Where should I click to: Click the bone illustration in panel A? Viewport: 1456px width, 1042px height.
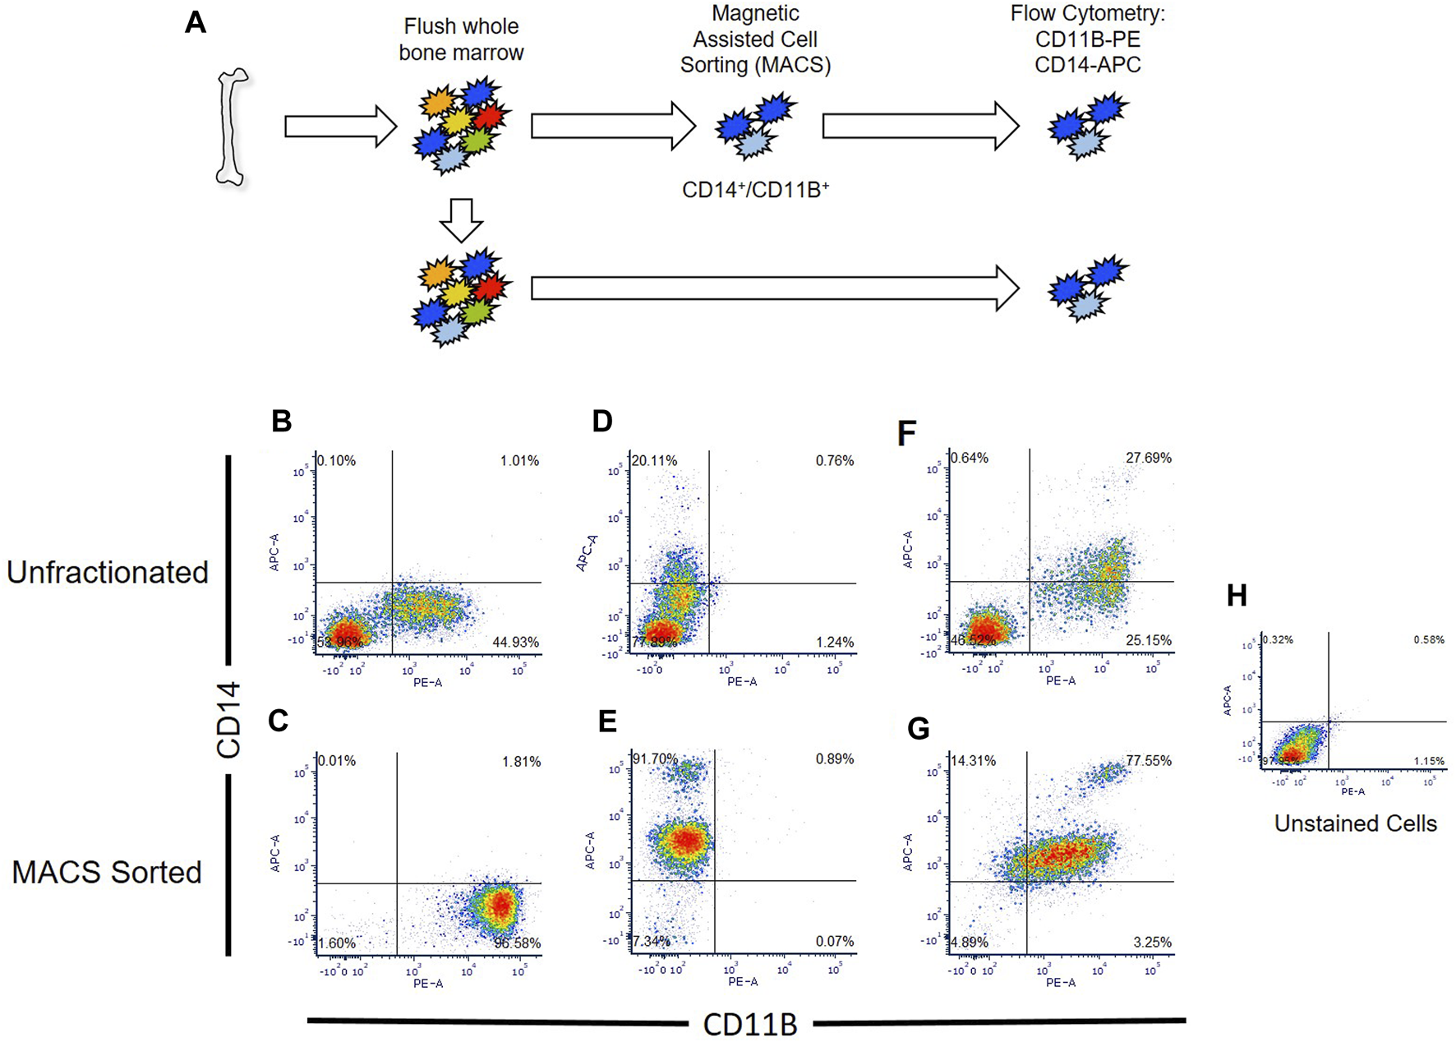click(233, 127)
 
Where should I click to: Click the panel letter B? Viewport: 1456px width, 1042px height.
click(282, 422)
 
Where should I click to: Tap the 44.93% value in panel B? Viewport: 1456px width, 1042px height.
click(515, 643)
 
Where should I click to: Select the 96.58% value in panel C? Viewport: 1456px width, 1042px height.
click(517, 943)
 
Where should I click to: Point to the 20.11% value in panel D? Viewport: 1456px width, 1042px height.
click(654, 461)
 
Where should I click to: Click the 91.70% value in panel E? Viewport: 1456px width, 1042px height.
click(655, 759)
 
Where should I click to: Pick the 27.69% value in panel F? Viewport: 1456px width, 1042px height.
click(1148, 458)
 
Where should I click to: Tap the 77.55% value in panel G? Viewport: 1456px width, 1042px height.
click(1148, 761)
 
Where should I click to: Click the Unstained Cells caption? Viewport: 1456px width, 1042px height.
click(1355, 823)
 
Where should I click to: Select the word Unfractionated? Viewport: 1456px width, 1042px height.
click(108, 573)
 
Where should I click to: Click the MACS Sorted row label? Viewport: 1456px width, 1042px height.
click(107, 872)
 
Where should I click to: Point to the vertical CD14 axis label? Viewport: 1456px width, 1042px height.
click(228, 719)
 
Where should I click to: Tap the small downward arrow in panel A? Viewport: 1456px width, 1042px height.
click(461, 219)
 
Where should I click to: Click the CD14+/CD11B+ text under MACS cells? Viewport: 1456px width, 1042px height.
click(755, 190)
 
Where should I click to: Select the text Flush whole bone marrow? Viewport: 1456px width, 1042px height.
click(461, 39)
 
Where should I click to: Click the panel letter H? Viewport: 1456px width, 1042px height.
click(1237, 596)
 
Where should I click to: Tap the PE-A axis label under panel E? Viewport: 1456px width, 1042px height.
click(743, 981)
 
